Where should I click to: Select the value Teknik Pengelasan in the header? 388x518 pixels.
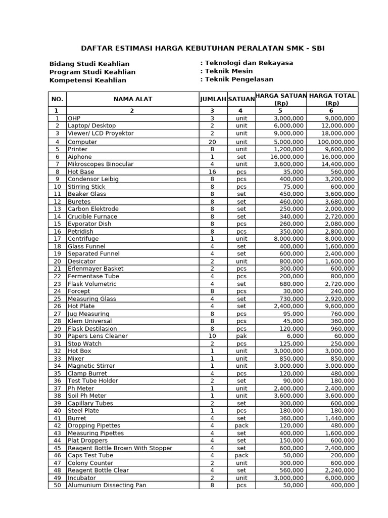(238, 79)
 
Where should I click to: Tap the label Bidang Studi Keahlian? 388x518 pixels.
(89, 64)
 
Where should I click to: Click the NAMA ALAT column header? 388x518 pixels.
(132, 99)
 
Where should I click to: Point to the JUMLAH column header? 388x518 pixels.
(213, 99)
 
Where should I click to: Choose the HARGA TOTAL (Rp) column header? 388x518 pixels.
(332, 99)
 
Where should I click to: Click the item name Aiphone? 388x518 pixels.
(80, 157)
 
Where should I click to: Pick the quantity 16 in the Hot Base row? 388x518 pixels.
(212, 172)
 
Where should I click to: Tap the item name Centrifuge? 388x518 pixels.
(83, 239)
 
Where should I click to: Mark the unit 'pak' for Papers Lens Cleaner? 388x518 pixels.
(241, 336)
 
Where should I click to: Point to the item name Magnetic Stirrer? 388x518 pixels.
(91, 366)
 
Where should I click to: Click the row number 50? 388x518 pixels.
(57, 485)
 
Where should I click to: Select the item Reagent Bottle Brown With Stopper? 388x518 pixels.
(120, 448)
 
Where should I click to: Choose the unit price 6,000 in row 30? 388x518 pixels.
(295, 336)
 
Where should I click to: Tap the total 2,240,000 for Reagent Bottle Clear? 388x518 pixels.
(339, 470)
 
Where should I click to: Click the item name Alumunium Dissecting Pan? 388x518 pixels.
(107, 485)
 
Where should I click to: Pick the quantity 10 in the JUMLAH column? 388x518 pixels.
(212, 336)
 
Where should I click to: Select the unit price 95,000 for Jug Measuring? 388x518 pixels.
(293, 314)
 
